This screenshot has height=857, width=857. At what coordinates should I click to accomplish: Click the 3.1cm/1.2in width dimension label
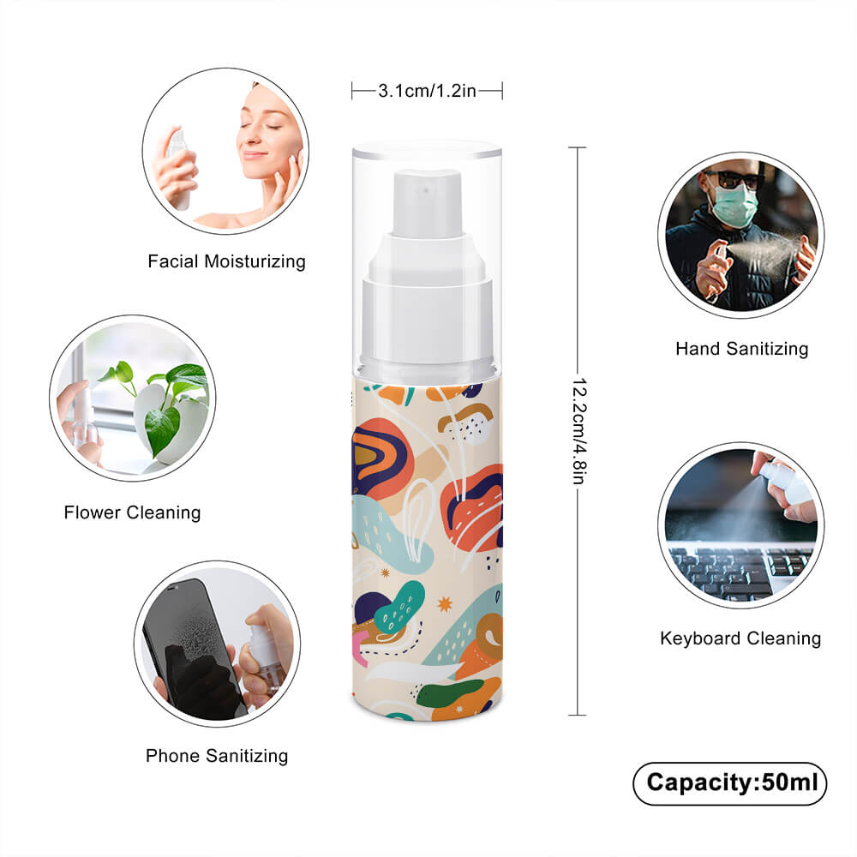427,91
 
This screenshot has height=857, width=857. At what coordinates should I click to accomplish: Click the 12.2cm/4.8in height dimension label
578,431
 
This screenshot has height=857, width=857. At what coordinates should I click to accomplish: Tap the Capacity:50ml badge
729,783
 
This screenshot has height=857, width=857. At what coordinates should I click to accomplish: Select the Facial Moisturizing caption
226,261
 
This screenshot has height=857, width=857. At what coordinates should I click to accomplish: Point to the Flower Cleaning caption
132,512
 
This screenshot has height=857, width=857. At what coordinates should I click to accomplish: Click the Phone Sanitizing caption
217,756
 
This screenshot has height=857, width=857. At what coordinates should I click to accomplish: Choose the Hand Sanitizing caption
741,349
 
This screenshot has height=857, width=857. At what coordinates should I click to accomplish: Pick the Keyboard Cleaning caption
740,638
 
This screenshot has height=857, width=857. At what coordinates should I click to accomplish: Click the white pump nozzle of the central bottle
427,204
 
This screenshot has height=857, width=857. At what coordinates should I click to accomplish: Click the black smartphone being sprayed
193,650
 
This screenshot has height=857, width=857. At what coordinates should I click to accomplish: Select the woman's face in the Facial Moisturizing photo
267,134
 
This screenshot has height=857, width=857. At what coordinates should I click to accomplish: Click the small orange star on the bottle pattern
445,604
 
